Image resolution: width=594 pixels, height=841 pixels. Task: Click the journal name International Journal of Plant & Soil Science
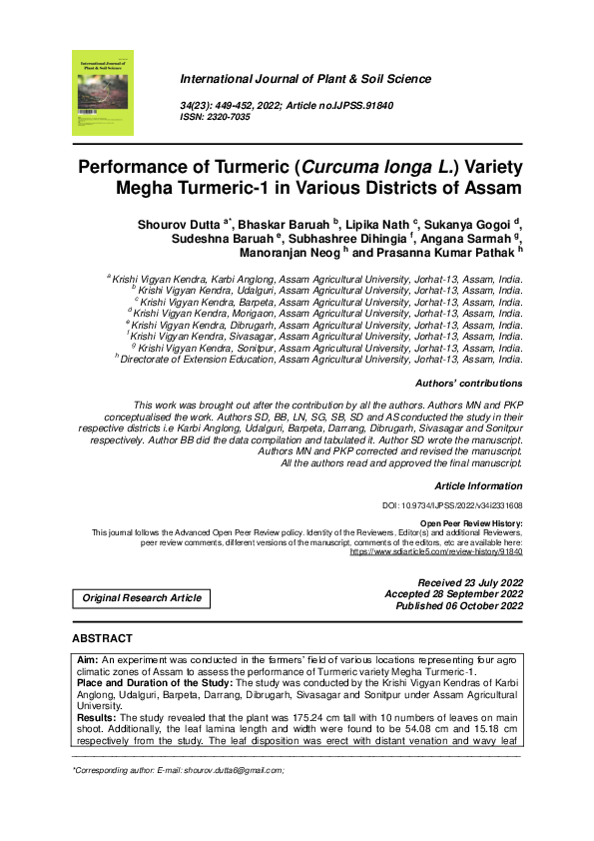point(304,79)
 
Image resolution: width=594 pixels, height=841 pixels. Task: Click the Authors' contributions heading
point(467,384)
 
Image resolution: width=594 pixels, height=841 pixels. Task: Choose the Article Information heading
point(478,484)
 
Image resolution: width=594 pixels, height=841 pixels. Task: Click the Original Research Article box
point(141,598)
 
